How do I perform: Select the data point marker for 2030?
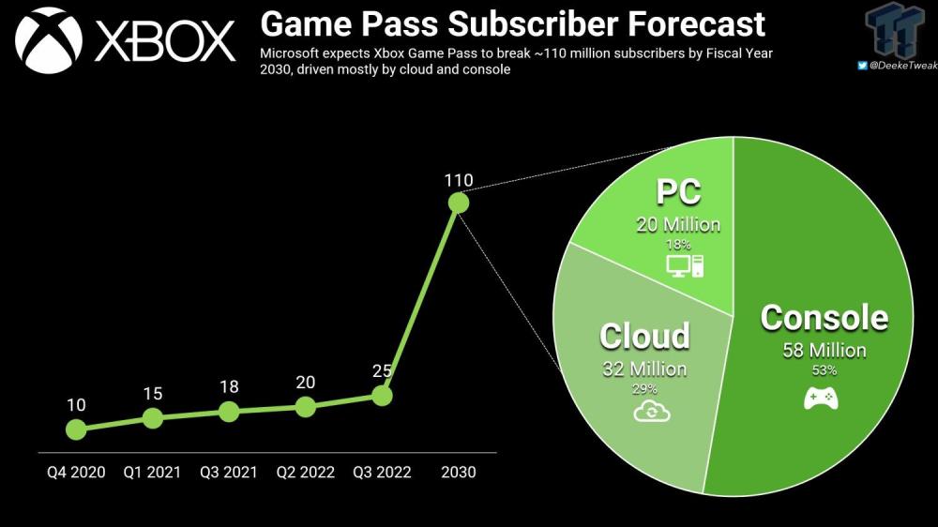coord(458,203)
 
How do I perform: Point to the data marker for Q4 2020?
coord(76,429)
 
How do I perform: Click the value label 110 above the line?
coord(458,179)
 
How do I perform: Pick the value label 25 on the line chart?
coord(382,371)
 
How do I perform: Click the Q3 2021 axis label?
coord(229,473)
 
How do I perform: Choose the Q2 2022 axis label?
coord(305,473)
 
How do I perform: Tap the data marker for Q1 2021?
coord(152,418)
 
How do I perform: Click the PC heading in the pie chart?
coord(677,194)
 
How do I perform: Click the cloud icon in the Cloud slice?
coord(643,411)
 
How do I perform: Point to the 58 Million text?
coord(824,351)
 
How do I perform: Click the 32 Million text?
coord(644,369)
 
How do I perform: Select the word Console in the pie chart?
coord(824,318)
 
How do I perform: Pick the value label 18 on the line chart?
coord(229,386)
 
